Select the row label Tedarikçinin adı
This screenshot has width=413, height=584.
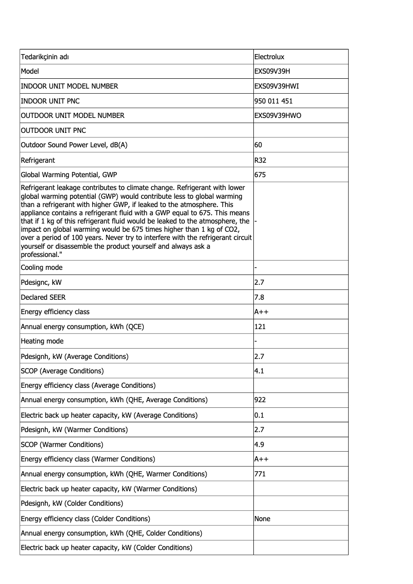pos(45,57)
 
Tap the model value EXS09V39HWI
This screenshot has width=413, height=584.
pos(277,86)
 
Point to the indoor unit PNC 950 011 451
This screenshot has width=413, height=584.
pos(273,101)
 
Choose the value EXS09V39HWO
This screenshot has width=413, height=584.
pos(278,116)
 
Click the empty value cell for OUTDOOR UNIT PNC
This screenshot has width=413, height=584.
pos(300,130)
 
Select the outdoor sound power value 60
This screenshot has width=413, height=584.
pos(259,145)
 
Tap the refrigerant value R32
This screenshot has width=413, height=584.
pos(261,160)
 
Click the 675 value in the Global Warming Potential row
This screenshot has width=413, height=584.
pos(260,175)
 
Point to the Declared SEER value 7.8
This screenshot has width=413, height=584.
pos(260,297)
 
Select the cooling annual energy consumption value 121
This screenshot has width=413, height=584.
pos(260,327)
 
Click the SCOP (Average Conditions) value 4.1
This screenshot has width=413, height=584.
pos(260,371)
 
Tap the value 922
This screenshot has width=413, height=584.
pos(260,400)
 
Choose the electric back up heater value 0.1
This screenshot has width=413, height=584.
pos(260,415)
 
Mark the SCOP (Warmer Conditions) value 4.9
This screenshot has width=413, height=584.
pos(260,444)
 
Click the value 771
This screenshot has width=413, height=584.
pos(260,474)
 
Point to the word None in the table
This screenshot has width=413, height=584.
pos(262,519)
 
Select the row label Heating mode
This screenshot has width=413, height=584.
pos(42,341)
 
